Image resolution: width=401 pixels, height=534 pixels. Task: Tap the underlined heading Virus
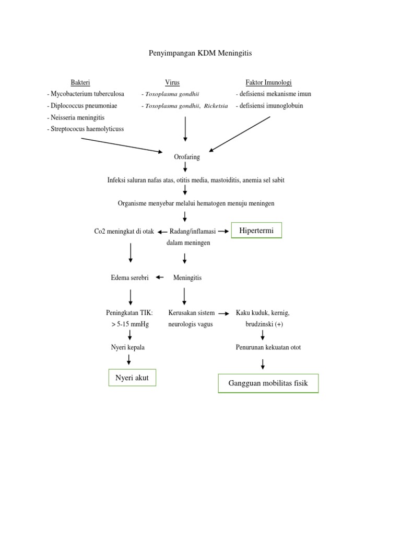(x=172, y=82)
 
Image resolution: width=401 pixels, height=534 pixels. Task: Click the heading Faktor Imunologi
(x=268, y=82)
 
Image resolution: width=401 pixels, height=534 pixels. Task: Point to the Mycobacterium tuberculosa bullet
(x=86, y=94)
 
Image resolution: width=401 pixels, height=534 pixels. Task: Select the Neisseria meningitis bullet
(x=76, y=117)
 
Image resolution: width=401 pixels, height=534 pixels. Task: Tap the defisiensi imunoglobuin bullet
(x=269, y=106)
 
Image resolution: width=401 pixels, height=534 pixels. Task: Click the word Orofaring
(x=186, y=156)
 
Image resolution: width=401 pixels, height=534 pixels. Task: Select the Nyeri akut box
(x=132, y=378)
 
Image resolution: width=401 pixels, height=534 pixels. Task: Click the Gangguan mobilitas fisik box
(x=268, y=384)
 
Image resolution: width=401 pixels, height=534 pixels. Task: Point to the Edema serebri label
(x=130, y=278)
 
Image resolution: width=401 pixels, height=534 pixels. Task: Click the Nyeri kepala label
(x=127, y=347)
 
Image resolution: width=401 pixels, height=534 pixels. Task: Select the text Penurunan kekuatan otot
(x=268, y=347)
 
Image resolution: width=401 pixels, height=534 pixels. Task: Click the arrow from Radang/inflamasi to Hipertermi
(x=223, y=231)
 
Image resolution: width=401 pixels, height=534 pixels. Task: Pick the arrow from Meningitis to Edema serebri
(x=160, y=277)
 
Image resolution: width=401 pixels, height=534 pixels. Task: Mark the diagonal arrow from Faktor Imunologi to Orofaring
(x=240, y=133)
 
